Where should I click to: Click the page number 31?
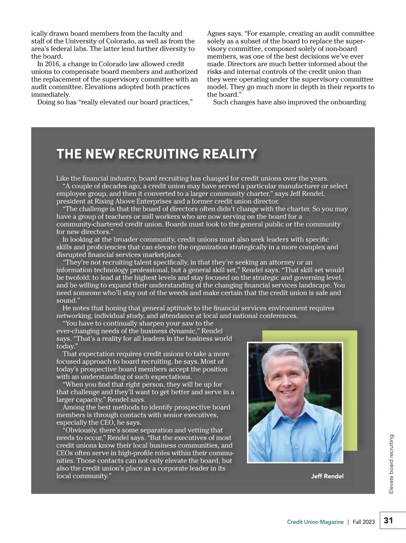click(x=388, y=520)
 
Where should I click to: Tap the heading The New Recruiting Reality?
click(x=157, y=154)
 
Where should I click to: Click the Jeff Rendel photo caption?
click(x=327, y=476)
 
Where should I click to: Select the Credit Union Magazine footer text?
click(x=315, y=522)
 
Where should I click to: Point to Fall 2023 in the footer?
click(x=364, y=522)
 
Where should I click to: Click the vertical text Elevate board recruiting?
click(x=391, y=464)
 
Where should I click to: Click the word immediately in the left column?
click(x=50, y=95)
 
